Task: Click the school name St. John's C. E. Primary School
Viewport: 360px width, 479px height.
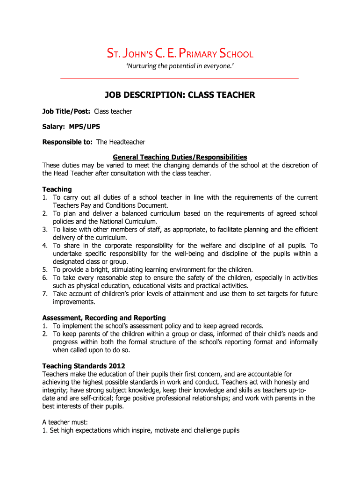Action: pos(180,54)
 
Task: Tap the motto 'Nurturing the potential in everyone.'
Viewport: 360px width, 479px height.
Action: pos(180,66)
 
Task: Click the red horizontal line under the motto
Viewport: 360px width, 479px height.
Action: pos(180,78)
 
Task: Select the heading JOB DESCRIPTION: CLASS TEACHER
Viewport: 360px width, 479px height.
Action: pos(180,95)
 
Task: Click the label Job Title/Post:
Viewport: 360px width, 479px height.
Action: pos(67,111)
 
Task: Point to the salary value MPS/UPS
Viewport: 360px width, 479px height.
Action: pos(85,126)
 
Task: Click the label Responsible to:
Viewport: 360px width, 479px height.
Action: pos(68,142)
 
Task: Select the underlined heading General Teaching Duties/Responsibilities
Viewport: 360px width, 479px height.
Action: pos(180,157)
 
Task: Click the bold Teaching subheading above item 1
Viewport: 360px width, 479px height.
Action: pos(57,189)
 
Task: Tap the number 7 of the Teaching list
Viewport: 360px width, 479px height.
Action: pos(45,294)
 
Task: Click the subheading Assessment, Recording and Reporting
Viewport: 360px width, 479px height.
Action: pos(104,318)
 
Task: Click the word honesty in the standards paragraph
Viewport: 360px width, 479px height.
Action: pos(279,382)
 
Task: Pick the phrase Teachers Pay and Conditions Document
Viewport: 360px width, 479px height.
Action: pos(110,205)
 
